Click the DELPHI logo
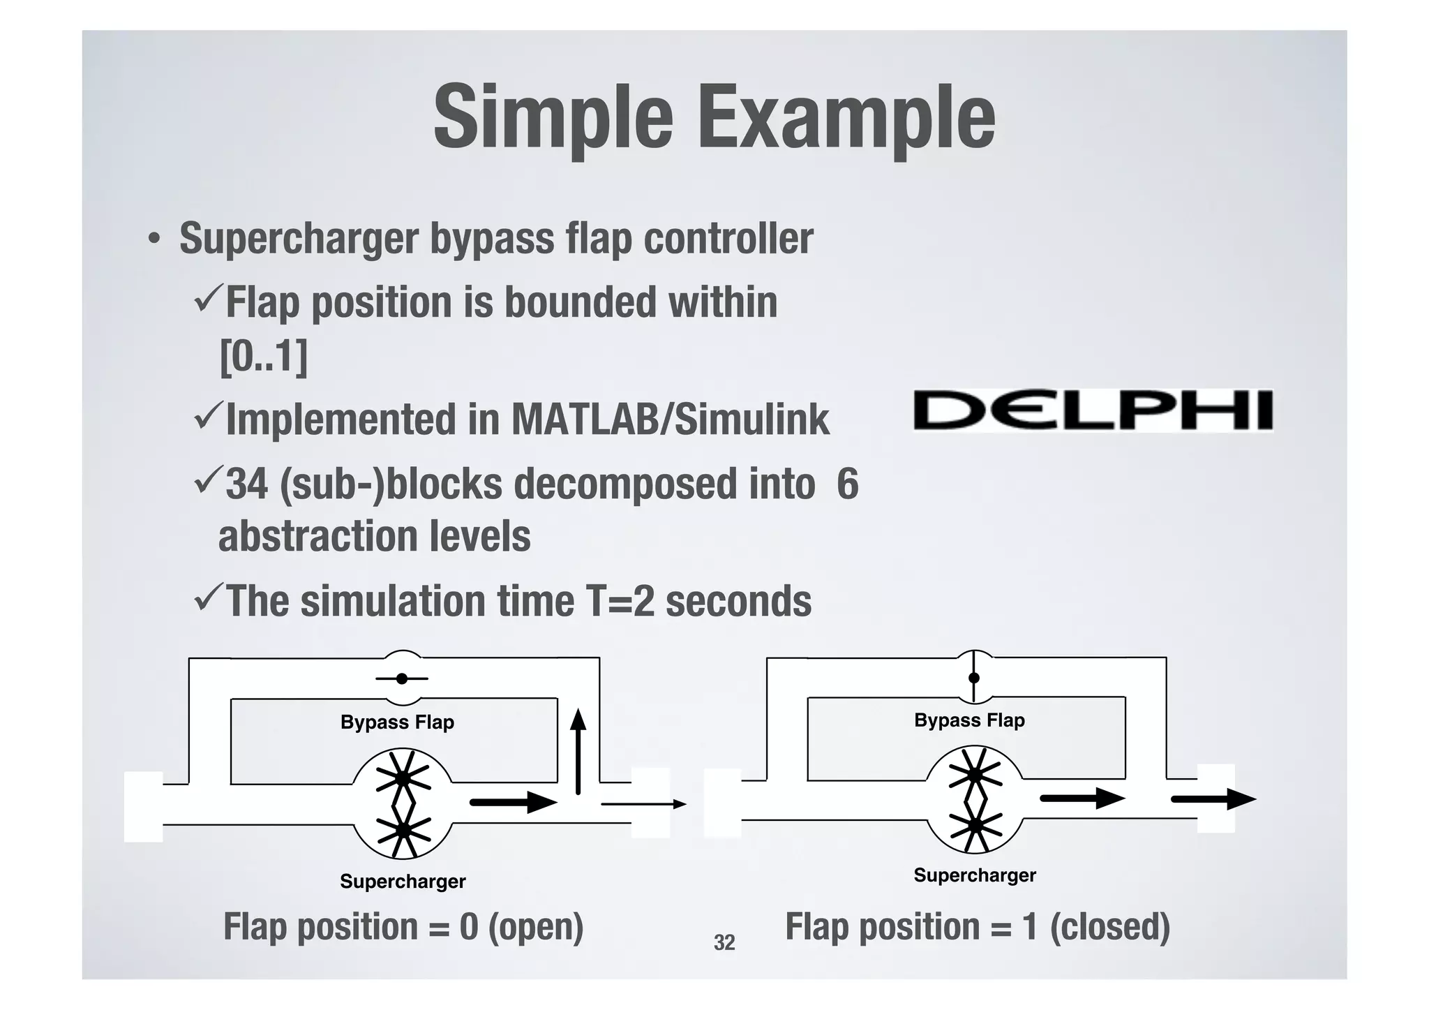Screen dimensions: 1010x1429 point(1093,410)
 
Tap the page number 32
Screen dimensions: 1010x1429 point(724,943)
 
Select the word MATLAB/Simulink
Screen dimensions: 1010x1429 point(671,419)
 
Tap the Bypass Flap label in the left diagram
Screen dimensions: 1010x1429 point(397,722)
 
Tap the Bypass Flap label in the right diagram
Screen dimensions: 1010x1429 point(969,720)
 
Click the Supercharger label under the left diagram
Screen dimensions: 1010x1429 point(403,882)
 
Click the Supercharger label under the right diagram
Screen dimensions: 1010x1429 point(975,875)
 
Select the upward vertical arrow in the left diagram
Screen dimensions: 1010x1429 point(578,752)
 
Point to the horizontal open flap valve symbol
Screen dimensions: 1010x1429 point(402,678)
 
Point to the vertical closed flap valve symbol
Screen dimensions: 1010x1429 point(974,678)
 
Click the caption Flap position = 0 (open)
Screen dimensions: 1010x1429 point(403,927)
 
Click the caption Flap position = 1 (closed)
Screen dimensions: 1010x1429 point(978,927)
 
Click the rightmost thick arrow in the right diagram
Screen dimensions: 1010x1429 point(1213,799)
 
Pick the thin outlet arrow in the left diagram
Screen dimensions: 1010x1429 point(643,804)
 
